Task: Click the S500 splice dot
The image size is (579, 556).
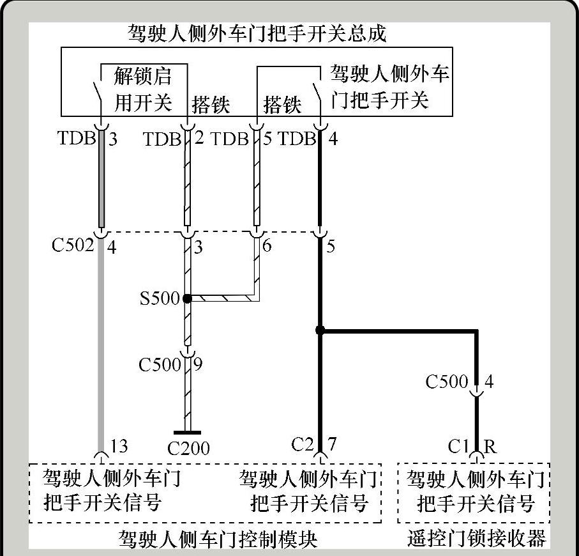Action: click(186, 298)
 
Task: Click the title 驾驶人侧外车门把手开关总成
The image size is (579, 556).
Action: click(257, 33)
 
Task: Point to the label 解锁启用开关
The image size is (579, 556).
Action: click(142, 89)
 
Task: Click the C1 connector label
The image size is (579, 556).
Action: click(458, 447)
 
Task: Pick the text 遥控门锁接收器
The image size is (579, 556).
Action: click(476, 539)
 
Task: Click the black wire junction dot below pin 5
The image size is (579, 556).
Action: click(320, 330)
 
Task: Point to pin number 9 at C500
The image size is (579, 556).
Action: click(198, 365)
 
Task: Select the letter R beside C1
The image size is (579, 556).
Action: click(490, 447)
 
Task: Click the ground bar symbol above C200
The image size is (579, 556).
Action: click(187, 433)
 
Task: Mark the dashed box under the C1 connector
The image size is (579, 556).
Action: click(475, 493)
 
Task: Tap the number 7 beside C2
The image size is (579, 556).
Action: click(332, 444)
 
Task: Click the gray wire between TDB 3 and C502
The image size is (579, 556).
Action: click(101, 185)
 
